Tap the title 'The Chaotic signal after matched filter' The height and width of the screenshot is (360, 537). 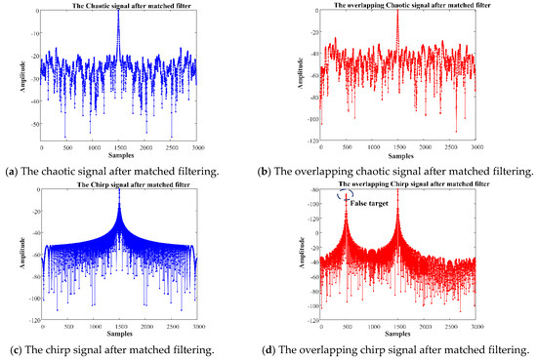[x=117, y=6]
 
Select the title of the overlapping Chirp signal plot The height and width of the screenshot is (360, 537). [x=397, y=183]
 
